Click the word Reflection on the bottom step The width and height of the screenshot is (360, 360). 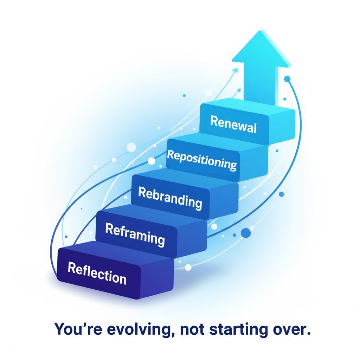(x=97, y=273)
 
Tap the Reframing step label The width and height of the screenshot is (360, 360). (x=135, y=234)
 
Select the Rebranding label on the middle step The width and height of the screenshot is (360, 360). (x=170, y=198)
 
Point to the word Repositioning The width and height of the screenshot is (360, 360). (x=202, y=160)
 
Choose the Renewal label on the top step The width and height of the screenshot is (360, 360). (x=233, y=124)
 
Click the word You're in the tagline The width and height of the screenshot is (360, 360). (x=78, y=329)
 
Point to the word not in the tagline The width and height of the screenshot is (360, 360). (x=192, y=329)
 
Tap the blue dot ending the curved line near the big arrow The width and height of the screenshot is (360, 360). (x=287, y=79)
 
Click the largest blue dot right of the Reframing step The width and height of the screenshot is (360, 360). (x=246, y=233)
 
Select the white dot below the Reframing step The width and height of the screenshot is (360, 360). (x=188, y=268)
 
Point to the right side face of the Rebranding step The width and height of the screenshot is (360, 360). (x=224, y=200)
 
